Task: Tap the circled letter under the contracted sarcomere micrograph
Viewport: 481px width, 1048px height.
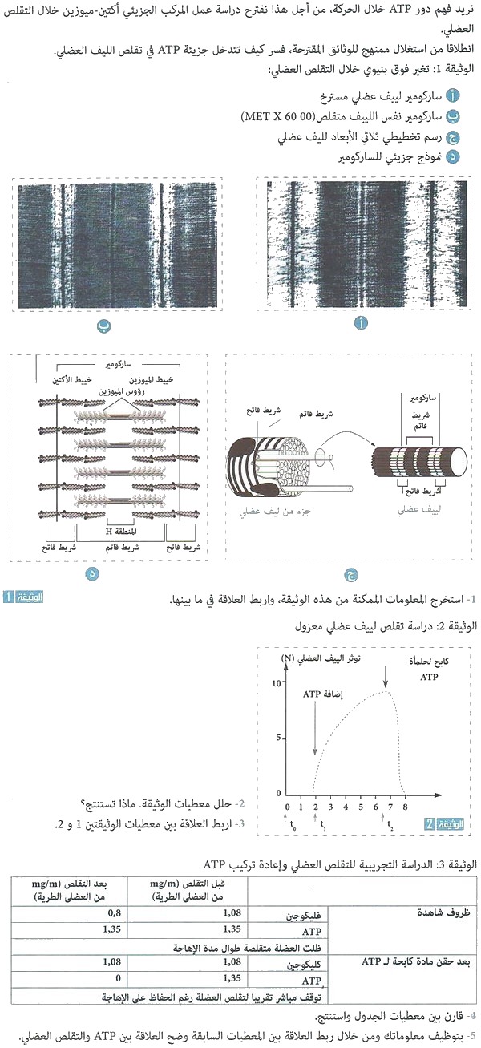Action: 101,326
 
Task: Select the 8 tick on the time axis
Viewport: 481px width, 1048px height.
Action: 406,806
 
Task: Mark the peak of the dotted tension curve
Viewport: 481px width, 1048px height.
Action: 386,691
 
